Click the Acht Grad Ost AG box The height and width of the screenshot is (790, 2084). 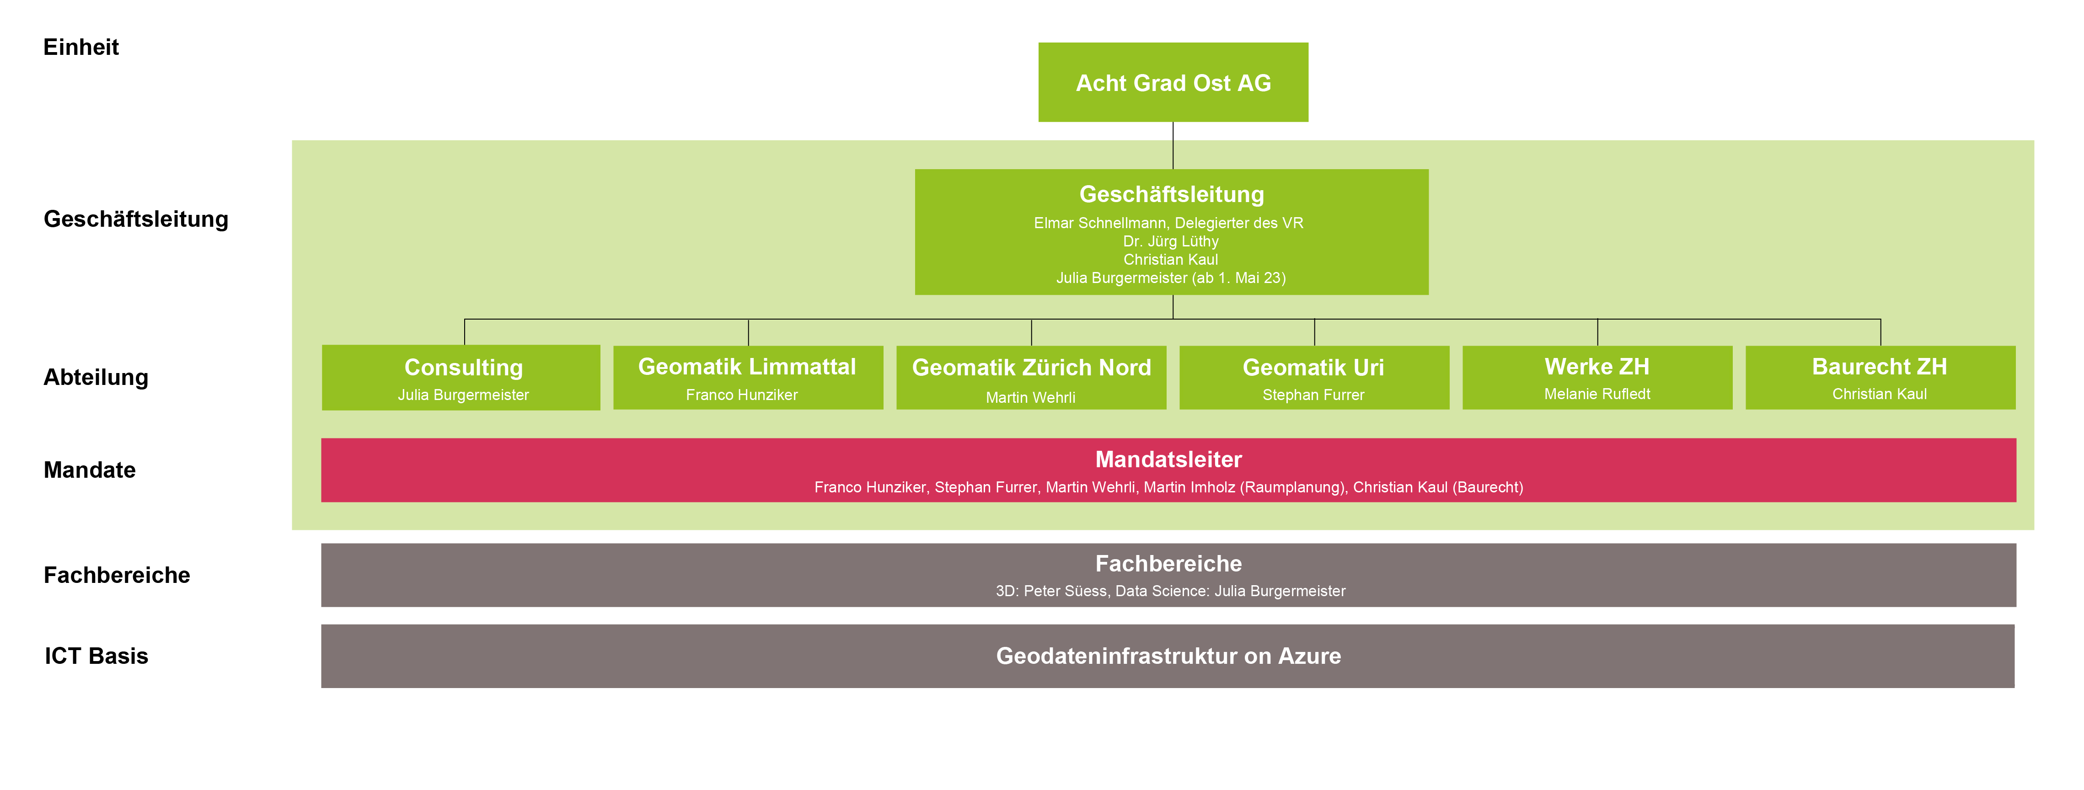point(1173,82)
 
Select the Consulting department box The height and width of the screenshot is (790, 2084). point(461,378)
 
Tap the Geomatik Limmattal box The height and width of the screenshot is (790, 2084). point(748,378)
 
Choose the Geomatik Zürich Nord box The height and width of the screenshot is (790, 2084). point(1032,378)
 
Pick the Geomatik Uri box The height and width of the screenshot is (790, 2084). point(1315,378)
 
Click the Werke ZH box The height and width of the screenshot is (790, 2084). point(1598,378)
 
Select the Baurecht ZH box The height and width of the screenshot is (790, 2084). point(1881,378)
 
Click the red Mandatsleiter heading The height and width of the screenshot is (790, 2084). point(1168,459)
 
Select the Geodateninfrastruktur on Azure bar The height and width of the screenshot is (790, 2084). point(1168,656)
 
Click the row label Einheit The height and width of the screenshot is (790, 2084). point(81,47)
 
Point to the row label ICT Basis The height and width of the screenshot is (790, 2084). point(96,656)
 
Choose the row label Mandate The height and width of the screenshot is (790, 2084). point(90,470)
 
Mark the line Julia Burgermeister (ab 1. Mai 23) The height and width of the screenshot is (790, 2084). point(1171,278)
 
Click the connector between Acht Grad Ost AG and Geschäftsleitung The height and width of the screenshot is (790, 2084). point(1173,145)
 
